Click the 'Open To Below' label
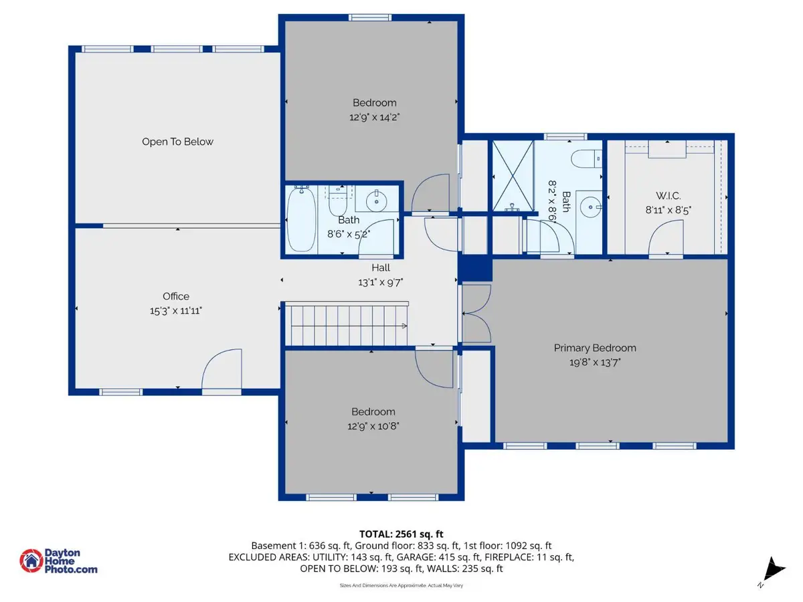(x=177, y=142)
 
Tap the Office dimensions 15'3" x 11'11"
(x=176, y=310)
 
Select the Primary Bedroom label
(x=594, y=348)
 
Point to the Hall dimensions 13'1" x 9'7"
(x=380, y=282)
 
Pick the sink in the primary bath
(x=590, y=205)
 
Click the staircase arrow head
(x=404, y=326)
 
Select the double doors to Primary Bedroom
(x=476, y=312)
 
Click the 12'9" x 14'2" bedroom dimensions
(x=374, y=116)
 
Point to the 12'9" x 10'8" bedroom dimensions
(x=373, y=425)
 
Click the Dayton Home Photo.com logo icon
(x=30, y=561)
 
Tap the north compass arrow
(x=774, y=569)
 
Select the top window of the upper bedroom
(x=369, y=17)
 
